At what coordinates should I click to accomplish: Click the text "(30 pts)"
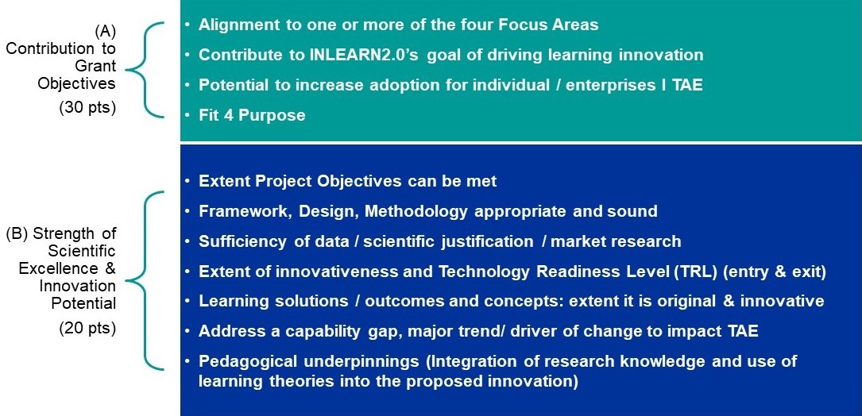[87, 108]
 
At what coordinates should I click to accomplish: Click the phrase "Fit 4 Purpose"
[252, 115]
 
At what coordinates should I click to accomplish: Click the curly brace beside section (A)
[145, 69]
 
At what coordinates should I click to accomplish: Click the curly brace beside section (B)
[145, 280]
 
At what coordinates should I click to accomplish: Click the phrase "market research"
[616, 241]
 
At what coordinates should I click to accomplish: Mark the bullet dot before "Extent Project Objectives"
[188, 181]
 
